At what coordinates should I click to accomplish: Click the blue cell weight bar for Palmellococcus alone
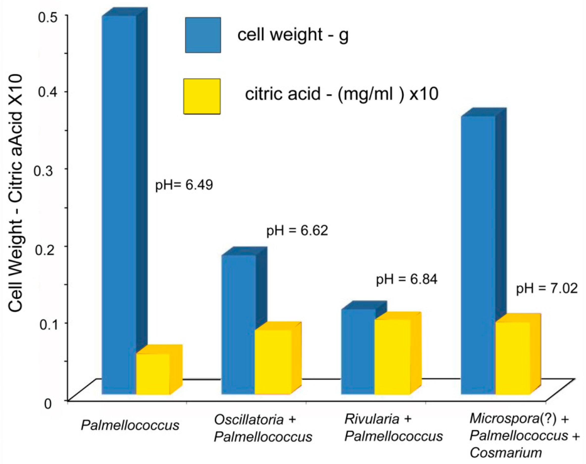tap(119, 204)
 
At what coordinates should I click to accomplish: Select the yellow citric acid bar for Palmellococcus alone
tap(153, 373)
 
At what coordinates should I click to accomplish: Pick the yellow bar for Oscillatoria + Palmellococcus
tap(273, 361)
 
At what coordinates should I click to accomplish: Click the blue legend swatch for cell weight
tap(203, 35)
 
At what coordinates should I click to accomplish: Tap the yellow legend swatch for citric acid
tap(202, 96)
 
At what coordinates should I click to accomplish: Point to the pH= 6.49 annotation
tap(184, 185)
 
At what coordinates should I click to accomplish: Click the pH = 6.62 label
tap(297, 231)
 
